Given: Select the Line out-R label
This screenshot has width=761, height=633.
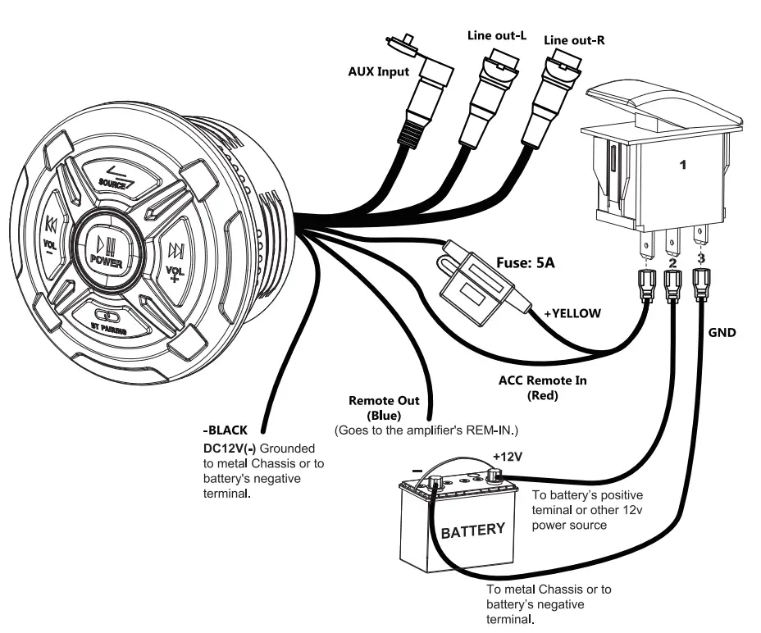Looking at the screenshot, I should [575, 39].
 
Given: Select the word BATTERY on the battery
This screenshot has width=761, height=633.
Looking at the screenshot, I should [473, 531].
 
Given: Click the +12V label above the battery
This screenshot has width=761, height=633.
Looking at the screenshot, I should [508, 456].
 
